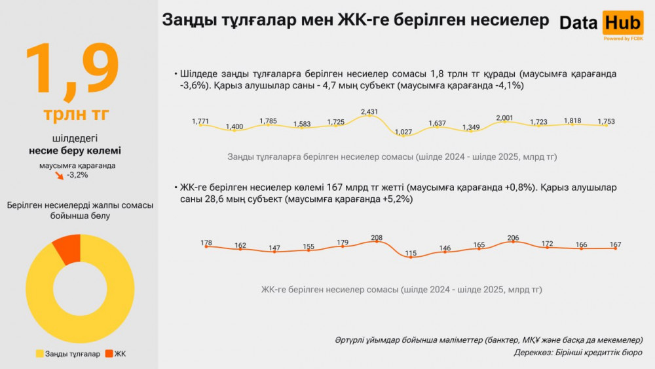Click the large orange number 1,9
click(72, 68)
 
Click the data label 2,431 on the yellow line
click(369, 112)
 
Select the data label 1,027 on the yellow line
click(403, 132)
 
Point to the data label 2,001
click(505, 118)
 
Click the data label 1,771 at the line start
click(200, 121)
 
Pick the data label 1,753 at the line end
click(606, 121)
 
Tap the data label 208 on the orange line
click(377, 238)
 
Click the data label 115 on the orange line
click(411, 253)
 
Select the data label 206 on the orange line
click(513, 238)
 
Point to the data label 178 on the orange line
click(206, 243)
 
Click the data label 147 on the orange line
click(274, 248)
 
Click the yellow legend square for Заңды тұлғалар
click(39, 354)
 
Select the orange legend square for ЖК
click(109, 354)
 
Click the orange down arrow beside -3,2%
click(60, 176)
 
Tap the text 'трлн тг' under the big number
click(76, 113)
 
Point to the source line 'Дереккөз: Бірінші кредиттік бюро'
click(578, 353)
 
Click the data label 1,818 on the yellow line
click(572, 121)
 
